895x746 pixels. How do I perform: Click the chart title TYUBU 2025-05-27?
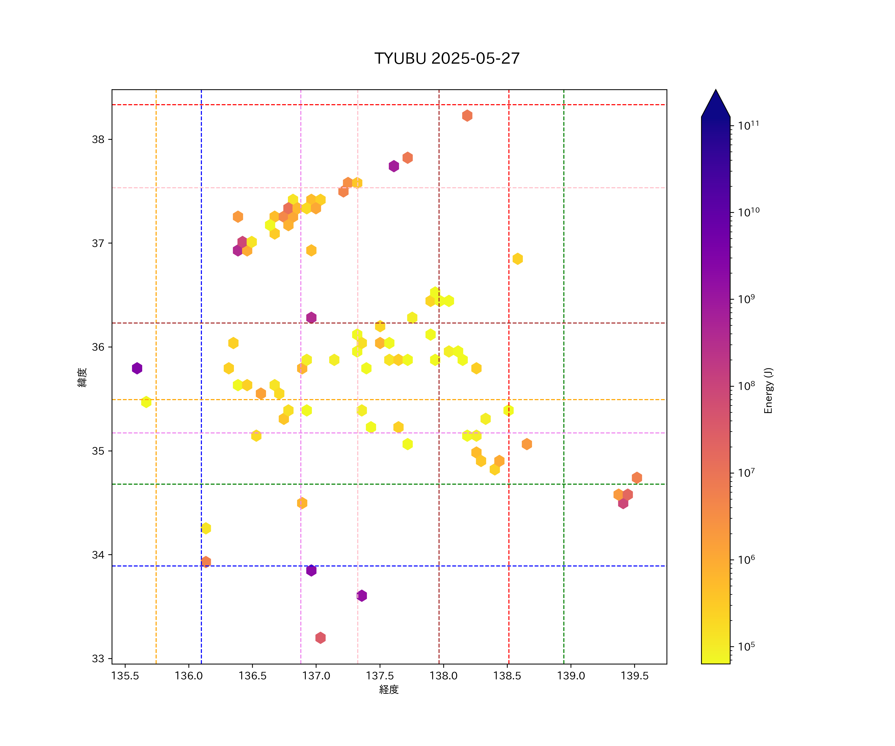[x=447, y=58]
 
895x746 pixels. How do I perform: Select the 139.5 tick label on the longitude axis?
[x=635, y=676]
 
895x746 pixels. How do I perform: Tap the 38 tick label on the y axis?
[x=98, y=140]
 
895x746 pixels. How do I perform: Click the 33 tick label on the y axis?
[x=98, y=659]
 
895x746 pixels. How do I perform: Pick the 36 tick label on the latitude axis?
[x=98, y=347]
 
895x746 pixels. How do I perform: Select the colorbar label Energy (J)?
[x=768, y=390]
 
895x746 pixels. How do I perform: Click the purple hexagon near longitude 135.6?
[x=137, y=368]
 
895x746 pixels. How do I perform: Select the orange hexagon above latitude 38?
[x=467, y=116]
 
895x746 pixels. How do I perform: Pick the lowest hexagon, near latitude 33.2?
[x=320, y=638]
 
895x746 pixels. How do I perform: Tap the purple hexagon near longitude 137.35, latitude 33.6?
[x=362, y=596]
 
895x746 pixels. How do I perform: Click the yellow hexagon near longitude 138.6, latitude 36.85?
[x=517, y=259]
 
